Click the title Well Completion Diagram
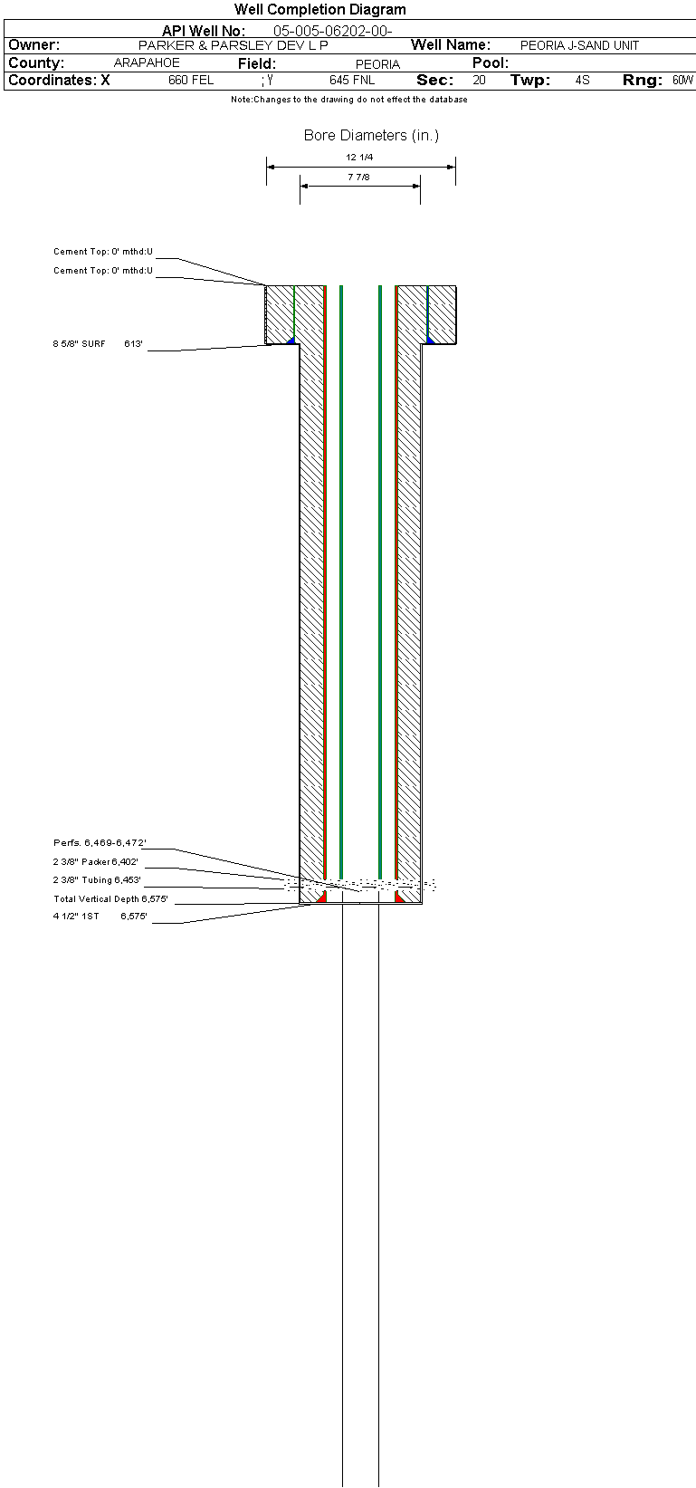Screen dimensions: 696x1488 pos(320,9)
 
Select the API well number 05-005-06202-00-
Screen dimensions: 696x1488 pos(333,31)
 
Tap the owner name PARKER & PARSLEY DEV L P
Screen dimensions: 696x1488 pos(234,45)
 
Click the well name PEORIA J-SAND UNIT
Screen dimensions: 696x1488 pos(579,45)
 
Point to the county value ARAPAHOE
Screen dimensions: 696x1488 pos(147,63)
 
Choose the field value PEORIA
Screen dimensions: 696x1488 pos(378,64)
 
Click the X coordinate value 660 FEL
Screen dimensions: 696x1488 pos(191,81)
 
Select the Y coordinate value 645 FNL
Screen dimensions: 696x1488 pos(352,81)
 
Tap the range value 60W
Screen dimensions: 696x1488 pos(682,81)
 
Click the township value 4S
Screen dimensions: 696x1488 pos(583,81)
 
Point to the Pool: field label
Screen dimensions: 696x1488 pos(491,63)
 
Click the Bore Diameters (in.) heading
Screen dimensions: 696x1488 pos(371,136)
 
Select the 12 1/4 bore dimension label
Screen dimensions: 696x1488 pos(359,158)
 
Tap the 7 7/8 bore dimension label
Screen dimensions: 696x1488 pos(358,178)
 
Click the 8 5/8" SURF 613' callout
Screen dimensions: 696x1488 pos(98,344)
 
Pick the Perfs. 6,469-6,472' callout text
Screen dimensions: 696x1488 pos(100,843)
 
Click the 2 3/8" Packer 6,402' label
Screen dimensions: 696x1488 pos(96,862)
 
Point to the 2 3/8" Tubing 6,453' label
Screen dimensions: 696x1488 pos(97,880)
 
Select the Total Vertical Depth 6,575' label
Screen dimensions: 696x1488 pos(111,898)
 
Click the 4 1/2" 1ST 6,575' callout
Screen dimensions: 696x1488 pos(100,917)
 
